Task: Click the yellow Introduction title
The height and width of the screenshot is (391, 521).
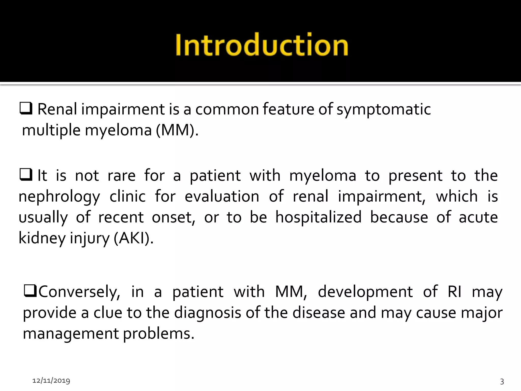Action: click(262, 45)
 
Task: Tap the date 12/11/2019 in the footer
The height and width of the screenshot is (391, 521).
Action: click(51, 381)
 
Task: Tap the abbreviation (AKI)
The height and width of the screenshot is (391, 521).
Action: click(133, 238)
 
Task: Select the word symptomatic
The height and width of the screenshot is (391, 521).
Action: click(384, 109)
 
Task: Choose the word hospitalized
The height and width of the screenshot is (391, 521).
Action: click(318, 217)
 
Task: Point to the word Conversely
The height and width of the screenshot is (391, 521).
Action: click(79, 292)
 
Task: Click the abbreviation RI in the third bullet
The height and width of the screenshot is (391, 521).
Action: click(454, 292)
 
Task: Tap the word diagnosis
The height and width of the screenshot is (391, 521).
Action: click(207, 313)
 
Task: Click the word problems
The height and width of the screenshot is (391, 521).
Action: click(159, 334)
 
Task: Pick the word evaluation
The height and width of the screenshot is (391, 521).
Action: click(222, 197)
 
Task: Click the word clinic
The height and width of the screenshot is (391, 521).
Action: click(127, 197)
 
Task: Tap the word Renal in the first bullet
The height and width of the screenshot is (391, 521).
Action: click(57, 109)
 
